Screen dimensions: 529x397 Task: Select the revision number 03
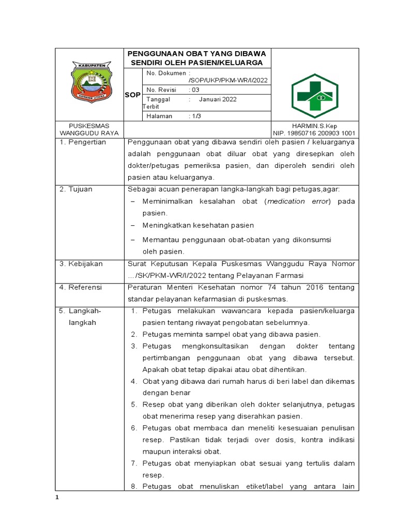(x=195, y=89)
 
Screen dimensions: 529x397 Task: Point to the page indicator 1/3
(x=196, y=116)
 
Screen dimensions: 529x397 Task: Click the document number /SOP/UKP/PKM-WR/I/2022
(x=229, y=80)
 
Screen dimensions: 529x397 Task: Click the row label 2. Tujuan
(x=76, y=189)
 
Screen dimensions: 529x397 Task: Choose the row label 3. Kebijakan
(x=81, y=263)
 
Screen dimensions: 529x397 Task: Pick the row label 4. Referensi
(x=81, y=287)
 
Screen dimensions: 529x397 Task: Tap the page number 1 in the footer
(x=58, y=497)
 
